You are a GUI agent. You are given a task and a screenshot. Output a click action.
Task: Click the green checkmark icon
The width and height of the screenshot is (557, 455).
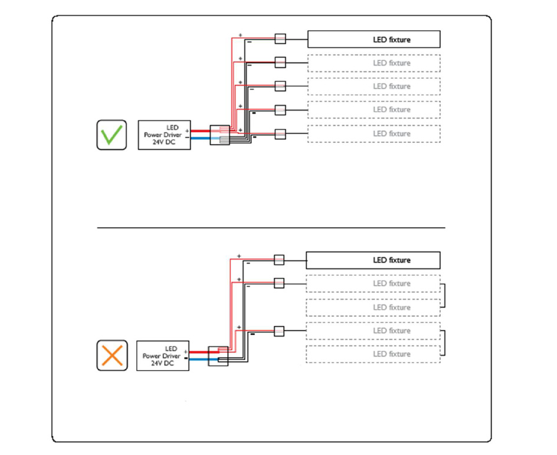(x=112, y=135)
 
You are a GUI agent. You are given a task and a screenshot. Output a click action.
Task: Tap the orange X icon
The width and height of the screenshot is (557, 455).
(x=112, y=355)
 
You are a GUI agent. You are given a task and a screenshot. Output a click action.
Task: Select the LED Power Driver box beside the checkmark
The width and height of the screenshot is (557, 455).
(x=164, y=135)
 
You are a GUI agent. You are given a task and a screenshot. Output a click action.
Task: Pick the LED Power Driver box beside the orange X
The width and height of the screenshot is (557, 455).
(x=163, y=356)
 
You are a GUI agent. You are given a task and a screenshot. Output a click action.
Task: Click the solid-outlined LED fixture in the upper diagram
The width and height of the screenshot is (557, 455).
(x=374, y=40)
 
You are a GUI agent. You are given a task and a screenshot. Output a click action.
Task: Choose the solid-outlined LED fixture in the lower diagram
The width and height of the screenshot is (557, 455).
(x=373, y=260)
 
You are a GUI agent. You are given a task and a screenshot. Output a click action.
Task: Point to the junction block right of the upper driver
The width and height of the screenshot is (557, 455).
(x=219, y=135)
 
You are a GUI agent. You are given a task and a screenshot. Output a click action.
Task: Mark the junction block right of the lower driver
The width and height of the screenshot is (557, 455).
(x=218, y=355)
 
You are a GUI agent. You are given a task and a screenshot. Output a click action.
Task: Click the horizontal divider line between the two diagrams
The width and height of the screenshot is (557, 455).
(x=271, y=227)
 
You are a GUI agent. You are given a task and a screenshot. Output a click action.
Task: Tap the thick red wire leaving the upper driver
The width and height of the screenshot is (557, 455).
(x=200, y=130)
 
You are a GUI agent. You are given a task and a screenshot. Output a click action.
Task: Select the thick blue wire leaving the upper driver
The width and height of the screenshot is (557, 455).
(x=200, y=139)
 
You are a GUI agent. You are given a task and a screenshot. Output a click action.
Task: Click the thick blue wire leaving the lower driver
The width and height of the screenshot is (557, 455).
(x=198, y=358)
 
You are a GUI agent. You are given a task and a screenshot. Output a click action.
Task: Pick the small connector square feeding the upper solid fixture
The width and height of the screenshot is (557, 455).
(x=280, y=39)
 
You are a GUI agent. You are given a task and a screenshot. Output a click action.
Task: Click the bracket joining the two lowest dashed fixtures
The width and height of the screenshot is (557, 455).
(x=444, y=343)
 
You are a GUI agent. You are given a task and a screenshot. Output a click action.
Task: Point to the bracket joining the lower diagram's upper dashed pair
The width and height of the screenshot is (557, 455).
(x=444, y=296)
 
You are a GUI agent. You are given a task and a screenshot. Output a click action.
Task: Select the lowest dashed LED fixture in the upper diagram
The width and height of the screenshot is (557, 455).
(x=374, y=134)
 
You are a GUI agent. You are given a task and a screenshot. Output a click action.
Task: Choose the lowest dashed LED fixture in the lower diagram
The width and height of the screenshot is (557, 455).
(x=373, y=354)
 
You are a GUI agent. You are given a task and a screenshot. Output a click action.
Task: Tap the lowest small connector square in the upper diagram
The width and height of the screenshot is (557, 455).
(x=280, y=134)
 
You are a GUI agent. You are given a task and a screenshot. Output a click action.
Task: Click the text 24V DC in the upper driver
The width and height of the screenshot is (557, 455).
(x=164, y=142)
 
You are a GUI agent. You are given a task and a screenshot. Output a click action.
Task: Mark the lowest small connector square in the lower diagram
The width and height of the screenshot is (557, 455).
(x=279, y=331)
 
